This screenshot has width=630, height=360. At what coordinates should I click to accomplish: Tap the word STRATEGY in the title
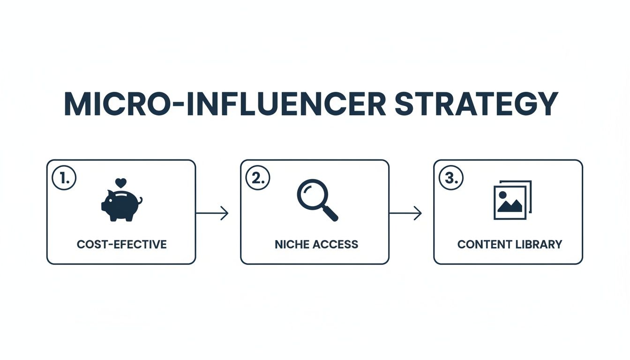(476, 104)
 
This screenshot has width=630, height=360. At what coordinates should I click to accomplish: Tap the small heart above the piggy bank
(120, 182)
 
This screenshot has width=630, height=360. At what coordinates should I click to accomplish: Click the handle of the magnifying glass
(330, 213)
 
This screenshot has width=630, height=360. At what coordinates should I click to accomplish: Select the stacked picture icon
(512, 200)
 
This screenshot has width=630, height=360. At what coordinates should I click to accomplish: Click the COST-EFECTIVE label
(121, 245)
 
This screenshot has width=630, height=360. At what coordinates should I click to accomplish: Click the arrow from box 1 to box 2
(212, 213)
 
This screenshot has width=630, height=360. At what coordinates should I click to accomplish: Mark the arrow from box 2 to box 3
(405, 213)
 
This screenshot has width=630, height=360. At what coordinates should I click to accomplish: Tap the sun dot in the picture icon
(502, 194)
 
